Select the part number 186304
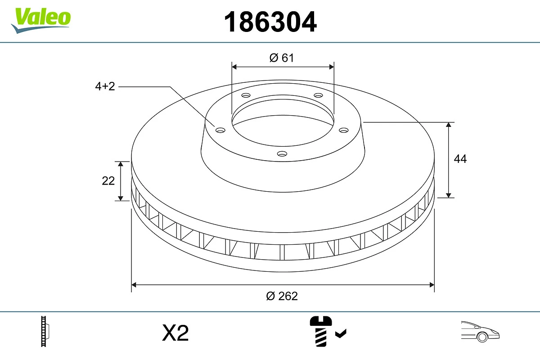[270, 22]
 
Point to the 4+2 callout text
[105, 86]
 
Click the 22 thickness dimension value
[108, 181]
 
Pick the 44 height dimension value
[460, 159]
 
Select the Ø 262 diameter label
[282, 296]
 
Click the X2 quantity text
[175, 333]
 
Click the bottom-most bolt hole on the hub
[282, 154]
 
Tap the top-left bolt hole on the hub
[246, 95]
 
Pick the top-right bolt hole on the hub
[319, 95]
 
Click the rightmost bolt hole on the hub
[344, 130]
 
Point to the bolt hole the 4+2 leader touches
[220, 130]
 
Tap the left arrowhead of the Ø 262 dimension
[134, 285]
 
